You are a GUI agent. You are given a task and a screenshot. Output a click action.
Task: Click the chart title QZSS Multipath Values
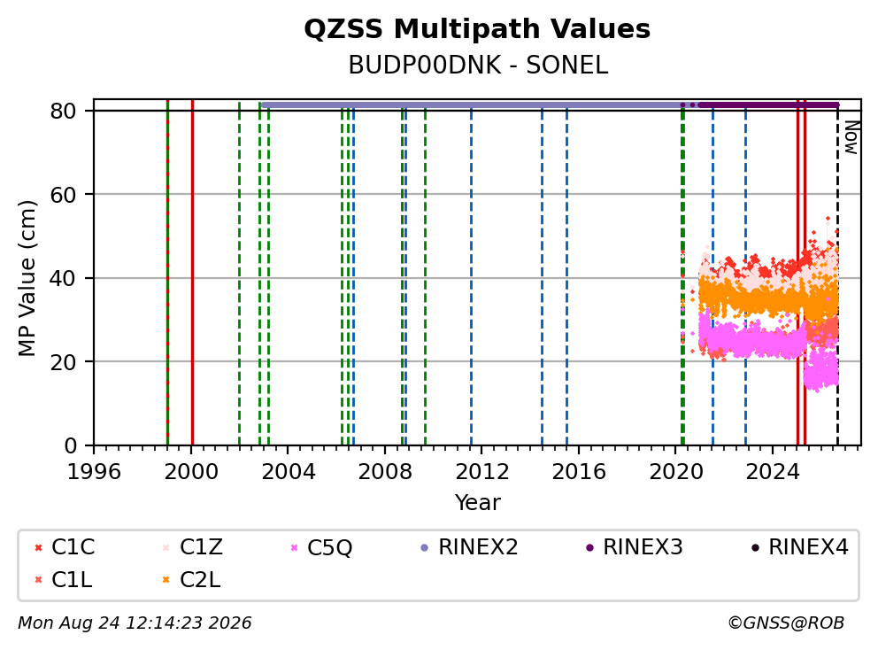pos(477,29)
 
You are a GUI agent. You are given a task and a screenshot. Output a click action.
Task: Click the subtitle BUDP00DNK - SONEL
pos(478,66)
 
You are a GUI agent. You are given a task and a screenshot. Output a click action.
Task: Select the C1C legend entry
pos(65,547)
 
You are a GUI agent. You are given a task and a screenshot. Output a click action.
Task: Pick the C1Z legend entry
pos(192,547)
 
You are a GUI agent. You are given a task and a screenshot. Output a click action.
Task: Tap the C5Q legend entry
pos(321,547)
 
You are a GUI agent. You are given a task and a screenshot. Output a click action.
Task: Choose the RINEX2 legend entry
pos(469,547)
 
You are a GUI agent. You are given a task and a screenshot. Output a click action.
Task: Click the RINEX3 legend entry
pos(635,547)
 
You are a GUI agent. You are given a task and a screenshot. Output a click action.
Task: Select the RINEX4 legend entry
pos(799,547)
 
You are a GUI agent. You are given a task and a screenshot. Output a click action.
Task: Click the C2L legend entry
pos(191,580)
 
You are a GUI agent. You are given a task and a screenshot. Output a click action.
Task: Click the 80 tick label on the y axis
pos(63,111)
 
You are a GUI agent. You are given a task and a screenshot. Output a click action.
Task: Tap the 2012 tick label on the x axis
pos(482,472)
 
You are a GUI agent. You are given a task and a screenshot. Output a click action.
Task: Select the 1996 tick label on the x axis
pos(94,472)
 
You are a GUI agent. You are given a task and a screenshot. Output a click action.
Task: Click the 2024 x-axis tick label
pos(773,472)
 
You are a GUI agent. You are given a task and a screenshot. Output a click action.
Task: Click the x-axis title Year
pos(478,503)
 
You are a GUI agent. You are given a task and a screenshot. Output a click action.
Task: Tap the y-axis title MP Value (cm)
pos(27,278)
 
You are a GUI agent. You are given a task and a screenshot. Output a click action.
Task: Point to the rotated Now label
pos(851,138)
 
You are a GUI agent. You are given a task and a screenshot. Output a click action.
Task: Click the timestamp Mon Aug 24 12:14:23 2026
pos(135,623)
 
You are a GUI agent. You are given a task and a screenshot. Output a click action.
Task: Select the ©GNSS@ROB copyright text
pos(786,623)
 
